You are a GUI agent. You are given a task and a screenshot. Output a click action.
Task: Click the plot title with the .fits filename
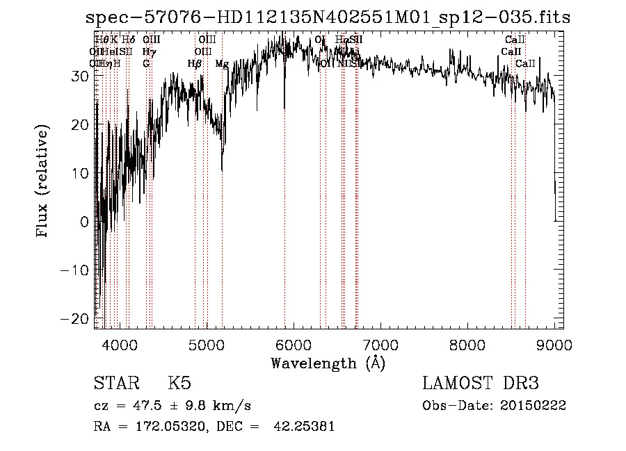[327, 17]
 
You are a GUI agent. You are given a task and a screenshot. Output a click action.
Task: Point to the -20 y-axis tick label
[77, 318]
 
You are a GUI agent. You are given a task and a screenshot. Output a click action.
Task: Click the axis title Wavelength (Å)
[328, 363]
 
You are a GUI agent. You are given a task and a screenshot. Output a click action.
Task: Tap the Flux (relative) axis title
[43, 182]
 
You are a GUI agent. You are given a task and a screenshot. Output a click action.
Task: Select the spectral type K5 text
[179, 384]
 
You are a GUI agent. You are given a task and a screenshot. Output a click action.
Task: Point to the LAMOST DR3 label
[481, 384]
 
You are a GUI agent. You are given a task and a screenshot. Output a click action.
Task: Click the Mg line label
[222, 64]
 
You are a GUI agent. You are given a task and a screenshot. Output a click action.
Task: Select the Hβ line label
[195, 64]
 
